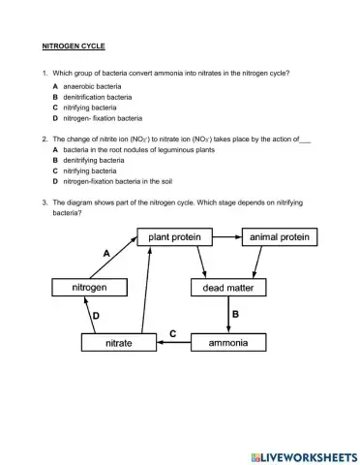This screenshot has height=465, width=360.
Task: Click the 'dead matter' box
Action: click(228, 288)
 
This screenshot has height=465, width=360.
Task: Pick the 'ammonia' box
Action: click(228, 342)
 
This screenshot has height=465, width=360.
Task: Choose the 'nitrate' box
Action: click(119, 342)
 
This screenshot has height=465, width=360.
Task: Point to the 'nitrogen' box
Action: click(90, 288)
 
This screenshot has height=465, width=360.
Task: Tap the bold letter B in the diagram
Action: click(235, 315)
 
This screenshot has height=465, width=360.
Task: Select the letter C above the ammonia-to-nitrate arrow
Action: click(172, 333)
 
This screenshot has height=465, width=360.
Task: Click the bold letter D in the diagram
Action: click(95, 316)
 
